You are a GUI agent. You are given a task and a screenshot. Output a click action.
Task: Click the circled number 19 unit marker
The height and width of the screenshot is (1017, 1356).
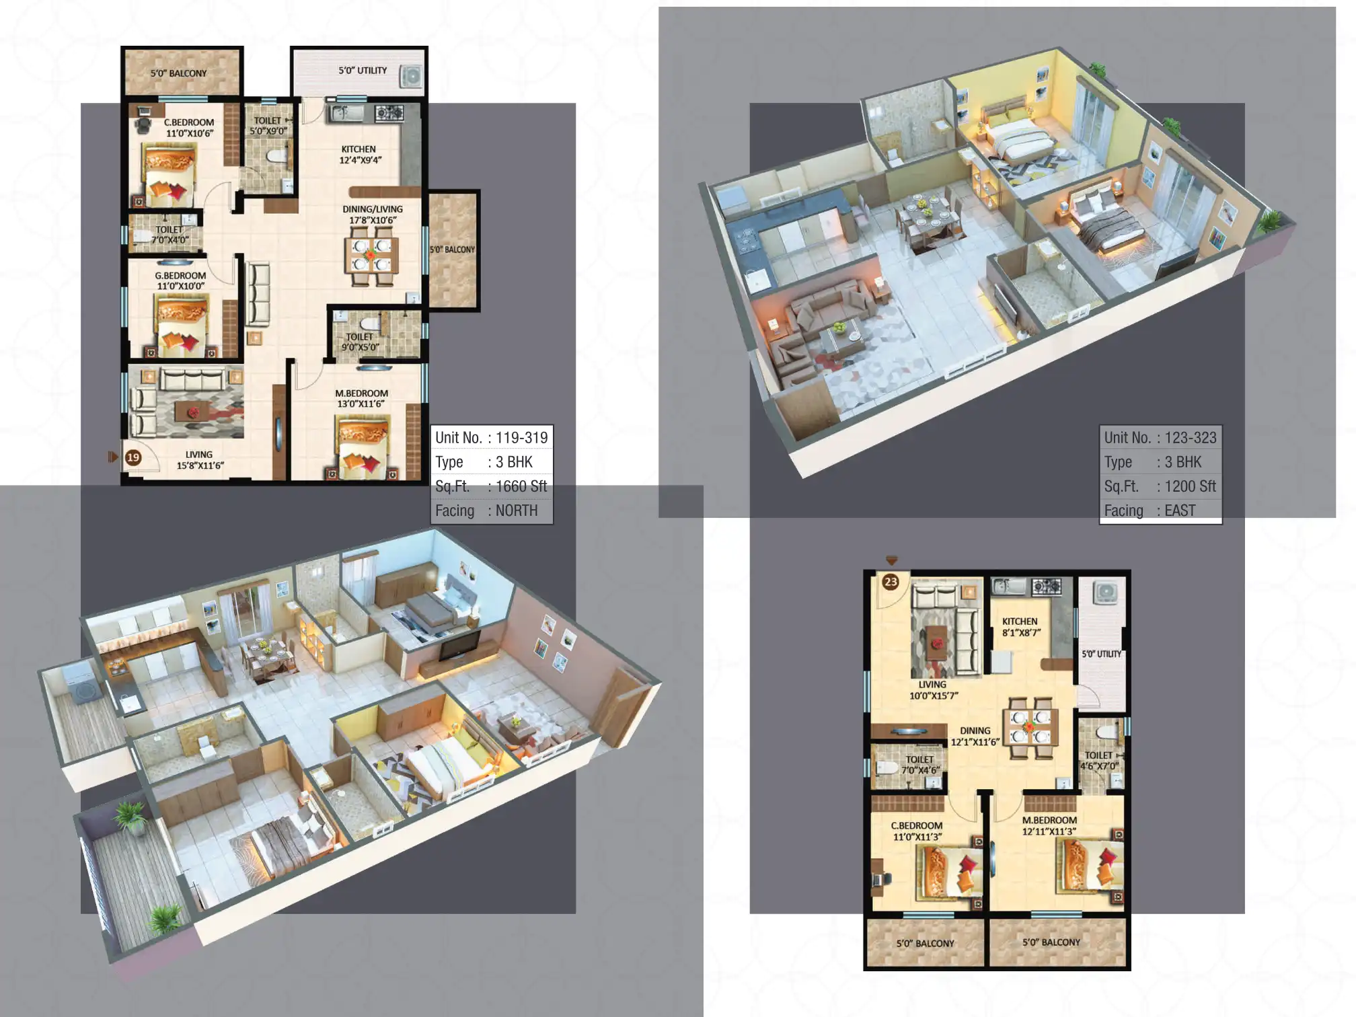(133, 457)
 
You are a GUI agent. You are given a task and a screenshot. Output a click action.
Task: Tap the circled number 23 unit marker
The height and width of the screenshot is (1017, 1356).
(891, 582)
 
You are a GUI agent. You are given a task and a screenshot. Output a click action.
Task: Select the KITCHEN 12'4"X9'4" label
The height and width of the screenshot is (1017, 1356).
(359, 155)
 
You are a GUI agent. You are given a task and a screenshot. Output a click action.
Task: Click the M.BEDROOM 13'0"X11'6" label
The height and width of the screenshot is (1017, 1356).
(361, 398)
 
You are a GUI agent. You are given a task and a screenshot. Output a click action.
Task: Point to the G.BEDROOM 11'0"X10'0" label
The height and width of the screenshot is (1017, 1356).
(180, 280)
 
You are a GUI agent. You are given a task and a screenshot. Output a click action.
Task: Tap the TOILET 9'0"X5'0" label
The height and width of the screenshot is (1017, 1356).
(360, 342)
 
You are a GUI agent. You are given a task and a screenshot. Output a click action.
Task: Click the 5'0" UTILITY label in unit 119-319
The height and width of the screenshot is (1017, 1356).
(363, 71)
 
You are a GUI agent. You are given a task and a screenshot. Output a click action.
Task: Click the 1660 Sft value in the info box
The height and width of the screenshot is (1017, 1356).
(521, 486)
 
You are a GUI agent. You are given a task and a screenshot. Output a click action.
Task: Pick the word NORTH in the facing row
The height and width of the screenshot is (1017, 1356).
(517, 511)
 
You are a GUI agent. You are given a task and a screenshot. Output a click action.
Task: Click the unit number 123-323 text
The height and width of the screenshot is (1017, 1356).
(1190, 438)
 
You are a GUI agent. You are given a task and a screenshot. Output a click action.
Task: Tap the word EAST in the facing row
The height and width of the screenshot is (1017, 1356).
(1180, 511)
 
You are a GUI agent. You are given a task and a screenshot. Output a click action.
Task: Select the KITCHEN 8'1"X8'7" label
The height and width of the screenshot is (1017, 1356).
(1020, 627)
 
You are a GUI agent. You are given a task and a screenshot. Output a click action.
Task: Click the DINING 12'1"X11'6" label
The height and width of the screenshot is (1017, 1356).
(975, 736)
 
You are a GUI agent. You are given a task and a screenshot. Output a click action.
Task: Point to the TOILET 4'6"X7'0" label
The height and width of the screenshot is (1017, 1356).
(1099, 761)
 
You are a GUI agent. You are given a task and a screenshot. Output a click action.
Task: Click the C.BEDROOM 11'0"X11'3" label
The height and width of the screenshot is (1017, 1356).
(917, 831)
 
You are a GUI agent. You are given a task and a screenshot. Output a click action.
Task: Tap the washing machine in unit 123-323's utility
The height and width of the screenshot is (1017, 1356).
(1104, 593)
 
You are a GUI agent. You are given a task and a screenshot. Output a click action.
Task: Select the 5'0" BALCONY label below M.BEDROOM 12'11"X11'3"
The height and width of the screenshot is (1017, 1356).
(1051, 942)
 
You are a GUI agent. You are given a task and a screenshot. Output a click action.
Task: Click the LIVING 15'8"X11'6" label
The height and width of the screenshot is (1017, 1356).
(200, 460)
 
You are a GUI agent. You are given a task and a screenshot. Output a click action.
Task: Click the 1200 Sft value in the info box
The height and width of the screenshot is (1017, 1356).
(1189, 486)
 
